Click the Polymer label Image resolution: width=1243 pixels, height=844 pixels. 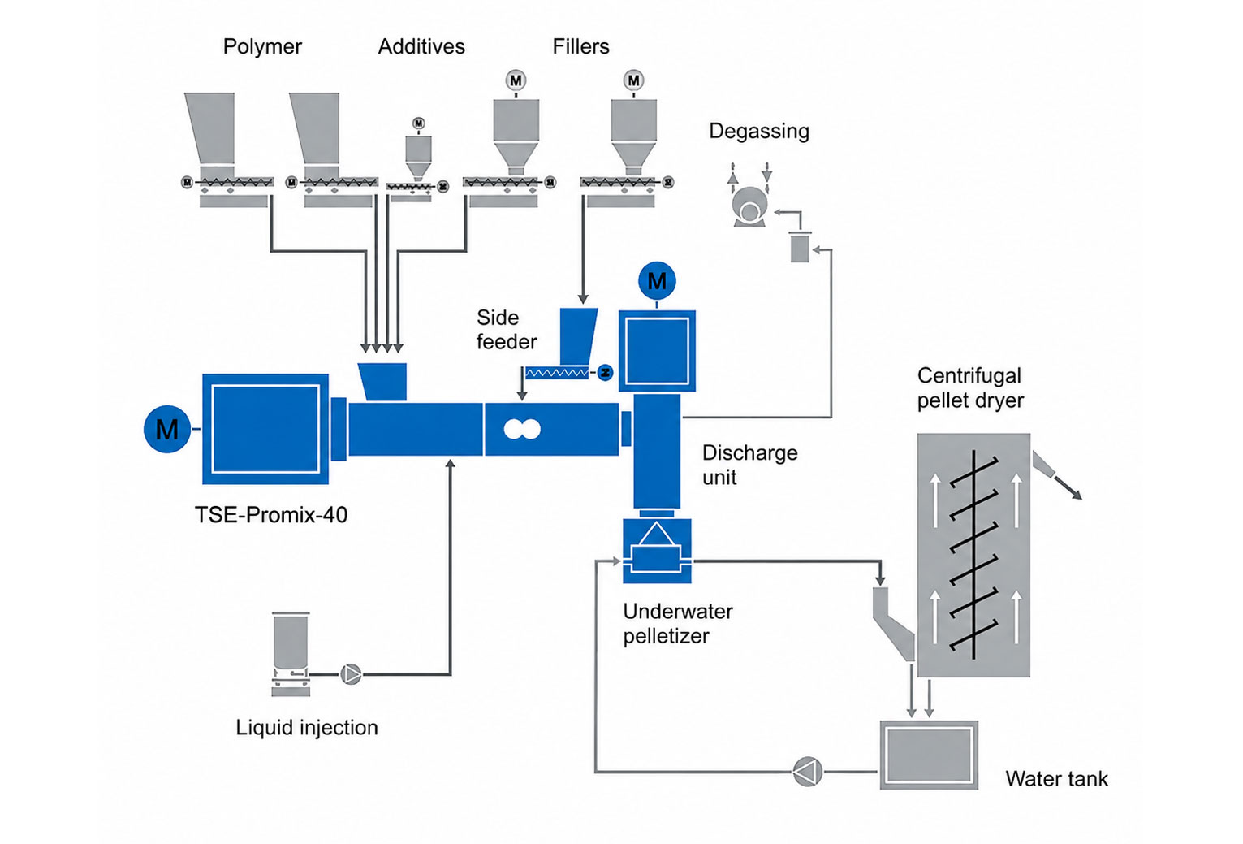coord(262,47)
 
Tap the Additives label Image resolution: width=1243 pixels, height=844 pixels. coord(421,46)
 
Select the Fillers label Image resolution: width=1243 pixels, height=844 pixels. coord(580,46)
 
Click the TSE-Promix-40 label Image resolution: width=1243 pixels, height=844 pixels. coord(271,515)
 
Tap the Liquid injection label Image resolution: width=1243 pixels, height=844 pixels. coord(306,727)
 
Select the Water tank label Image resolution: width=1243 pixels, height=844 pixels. coord(1056,779)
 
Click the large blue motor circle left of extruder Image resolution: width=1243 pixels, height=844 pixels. coord(167,429)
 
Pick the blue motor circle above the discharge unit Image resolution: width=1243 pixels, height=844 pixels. coord(657,281)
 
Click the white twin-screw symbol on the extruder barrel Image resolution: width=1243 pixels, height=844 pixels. coord(521,429)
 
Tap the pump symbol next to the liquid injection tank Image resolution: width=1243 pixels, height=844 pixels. coord(351,675)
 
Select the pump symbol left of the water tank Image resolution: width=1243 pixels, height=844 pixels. coord(807,772)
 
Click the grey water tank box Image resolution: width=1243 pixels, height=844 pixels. coord(929,755)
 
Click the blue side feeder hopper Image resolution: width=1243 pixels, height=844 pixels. coord(578,336)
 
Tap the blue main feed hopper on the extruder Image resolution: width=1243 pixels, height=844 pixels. coord(383,382)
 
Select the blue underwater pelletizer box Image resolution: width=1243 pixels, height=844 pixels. coord(657,551)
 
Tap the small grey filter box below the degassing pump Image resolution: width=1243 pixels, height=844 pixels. coord(800,248)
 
